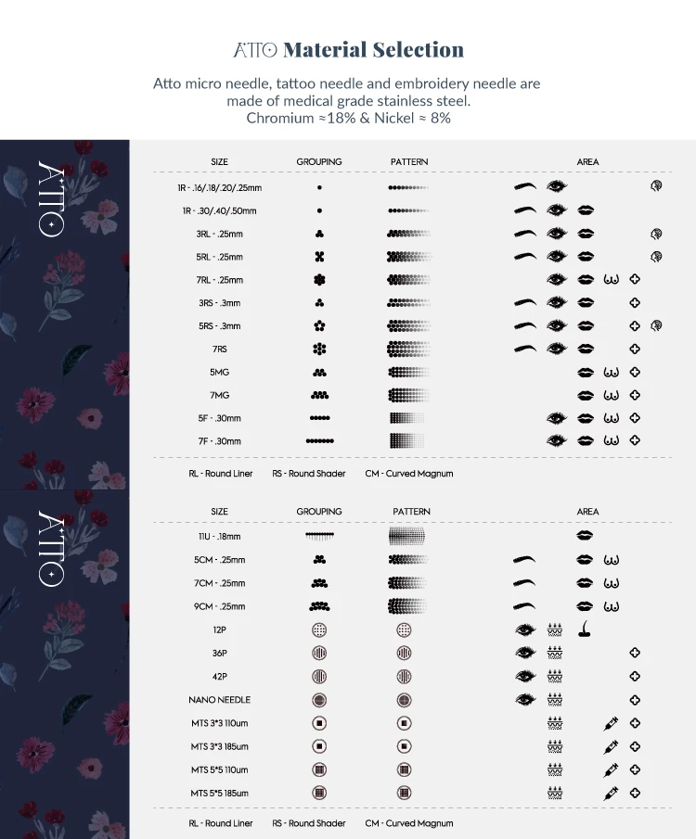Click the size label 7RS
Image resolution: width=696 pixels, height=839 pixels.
219,350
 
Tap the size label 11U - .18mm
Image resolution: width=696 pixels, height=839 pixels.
219,537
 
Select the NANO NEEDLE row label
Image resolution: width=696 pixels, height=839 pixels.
219,700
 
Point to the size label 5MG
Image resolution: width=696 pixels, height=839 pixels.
219,373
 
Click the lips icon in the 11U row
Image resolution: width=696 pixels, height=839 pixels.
586,536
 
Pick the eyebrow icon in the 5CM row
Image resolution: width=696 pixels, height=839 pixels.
525,560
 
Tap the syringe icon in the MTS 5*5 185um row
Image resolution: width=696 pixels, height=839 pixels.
611,793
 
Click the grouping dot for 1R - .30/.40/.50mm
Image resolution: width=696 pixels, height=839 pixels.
319,210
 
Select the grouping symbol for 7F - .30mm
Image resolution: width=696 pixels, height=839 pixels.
319,441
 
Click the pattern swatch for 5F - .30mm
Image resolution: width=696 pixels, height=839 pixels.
406,418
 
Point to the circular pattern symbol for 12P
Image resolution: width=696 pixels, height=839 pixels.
404,629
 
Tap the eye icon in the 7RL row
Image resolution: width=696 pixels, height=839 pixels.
557,279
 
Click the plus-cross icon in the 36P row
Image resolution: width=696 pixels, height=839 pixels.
635,653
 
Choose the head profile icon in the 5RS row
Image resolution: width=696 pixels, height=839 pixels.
657,325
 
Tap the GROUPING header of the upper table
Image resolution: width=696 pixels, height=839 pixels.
319,162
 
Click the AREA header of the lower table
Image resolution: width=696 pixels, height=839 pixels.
587,512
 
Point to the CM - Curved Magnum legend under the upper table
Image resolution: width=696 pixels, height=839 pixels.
409,474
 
